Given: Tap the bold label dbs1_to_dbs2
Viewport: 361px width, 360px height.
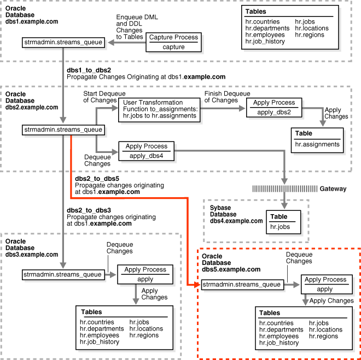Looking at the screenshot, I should (89, 70).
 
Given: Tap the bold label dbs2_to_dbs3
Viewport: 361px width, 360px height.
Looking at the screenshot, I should (89, 210).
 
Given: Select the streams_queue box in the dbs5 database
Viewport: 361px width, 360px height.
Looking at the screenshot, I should (242, 285).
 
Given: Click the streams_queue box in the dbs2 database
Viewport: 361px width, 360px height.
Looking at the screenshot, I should (63, 129).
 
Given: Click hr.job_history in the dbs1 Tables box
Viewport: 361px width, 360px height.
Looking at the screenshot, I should (266, 42).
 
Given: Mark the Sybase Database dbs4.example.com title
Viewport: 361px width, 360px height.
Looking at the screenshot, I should (236, 214).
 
